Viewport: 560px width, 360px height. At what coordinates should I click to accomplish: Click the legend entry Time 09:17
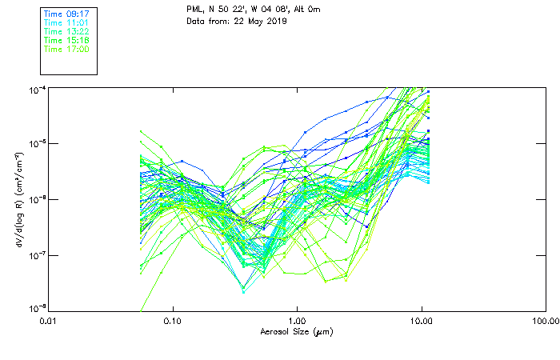(x=66, y=14)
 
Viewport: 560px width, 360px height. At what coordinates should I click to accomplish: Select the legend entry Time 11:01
(x=66, y=22)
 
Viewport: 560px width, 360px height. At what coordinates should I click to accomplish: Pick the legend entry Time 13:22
(x=66, y=31)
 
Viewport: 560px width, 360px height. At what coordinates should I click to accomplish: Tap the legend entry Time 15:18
(x=66, y=40)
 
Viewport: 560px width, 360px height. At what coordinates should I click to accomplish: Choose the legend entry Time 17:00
(x=66, y=49)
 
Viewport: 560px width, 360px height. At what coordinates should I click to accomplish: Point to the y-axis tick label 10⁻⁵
(x=36, y=143)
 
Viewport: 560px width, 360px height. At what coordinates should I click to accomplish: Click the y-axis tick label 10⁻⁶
(x=36, y=199)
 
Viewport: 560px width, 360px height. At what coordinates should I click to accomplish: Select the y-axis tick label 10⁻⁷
(x=36, y=254)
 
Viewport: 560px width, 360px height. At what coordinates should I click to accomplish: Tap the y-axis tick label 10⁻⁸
(x=36, y=309)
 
